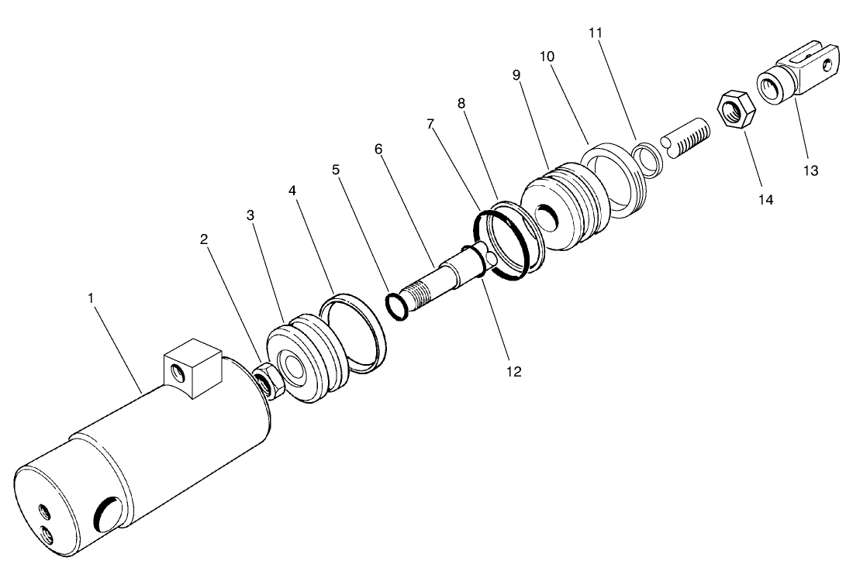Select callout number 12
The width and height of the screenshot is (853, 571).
coord(513,371)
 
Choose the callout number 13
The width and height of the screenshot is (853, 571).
coord(810,170)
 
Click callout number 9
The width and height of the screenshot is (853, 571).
coord(516,74)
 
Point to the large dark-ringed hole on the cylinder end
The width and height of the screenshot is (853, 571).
coord(107,514)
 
